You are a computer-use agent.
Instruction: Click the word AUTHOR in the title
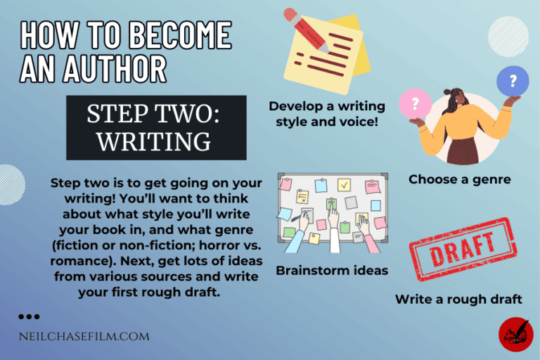[115, 68]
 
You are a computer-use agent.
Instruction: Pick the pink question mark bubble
[414, 105]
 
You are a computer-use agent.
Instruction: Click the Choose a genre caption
[459, 179]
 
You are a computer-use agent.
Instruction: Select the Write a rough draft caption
[458, 300]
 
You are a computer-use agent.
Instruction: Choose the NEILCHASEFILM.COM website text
[84, 336]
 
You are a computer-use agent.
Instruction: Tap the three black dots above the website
[29, 317]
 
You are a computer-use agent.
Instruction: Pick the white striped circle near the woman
[507, 37]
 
